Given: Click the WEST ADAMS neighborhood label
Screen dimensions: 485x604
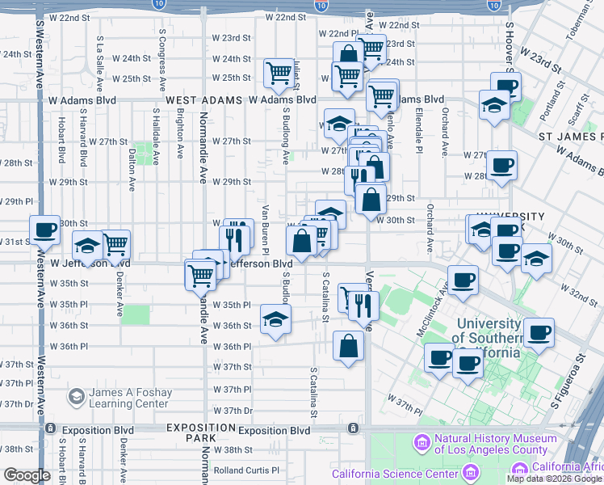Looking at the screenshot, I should (x=204, y=100).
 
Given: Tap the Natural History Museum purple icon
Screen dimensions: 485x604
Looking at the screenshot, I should (x=421, y=443).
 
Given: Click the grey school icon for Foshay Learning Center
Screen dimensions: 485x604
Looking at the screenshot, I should (x=76, y=397).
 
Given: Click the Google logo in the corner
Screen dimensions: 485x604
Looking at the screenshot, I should (x=27, y=475).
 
